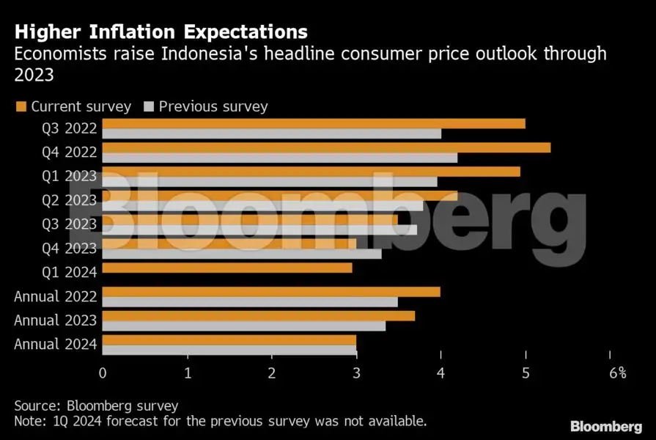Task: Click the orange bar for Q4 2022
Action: (326, 147)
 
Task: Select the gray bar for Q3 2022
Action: (271, 133)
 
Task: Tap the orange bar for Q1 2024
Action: (227, 268)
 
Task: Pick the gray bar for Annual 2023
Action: (243, 326)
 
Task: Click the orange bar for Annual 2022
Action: (271, 292)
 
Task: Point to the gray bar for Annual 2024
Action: (229, 350)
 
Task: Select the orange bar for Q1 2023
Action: (311, 172)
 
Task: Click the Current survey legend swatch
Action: (21, 107)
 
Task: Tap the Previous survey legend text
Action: (213, 106)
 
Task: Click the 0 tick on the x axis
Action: (103, 373)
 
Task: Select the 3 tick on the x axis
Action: (356, 373)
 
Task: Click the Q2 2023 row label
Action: (70, 200)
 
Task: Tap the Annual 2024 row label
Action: (56, 345)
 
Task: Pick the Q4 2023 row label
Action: (70, 249)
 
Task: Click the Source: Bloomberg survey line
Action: (96, 406)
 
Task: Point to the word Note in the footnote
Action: (28, 422)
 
